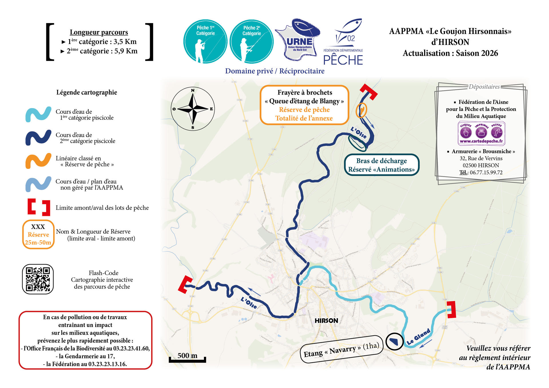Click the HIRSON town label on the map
click(x=326, y=321)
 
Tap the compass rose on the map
click(x=193, y=109)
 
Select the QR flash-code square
click(x=38, y=279)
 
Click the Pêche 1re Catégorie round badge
click(x=205, y=41)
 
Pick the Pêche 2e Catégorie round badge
click(x=252, y=41)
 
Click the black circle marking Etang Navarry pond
click(x=395, y=341)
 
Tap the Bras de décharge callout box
click(x=381, y=165)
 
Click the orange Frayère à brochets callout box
click(x=305, y=105)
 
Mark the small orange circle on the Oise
click(x=361, y=110)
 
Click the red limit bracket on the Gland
click(x=451, y=309)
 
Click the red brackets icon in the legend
click(x=39, y=207)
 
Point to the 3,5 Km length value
click(x=125, y=42)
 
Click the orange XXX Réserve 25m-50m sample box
click(x=38, y=234)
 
